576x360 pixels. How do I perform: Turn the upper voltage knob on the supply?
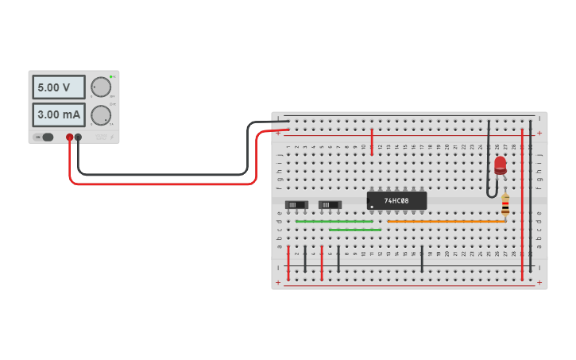tap(101, 87)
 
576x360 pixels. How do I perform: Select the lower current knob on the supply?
tap(101, 115)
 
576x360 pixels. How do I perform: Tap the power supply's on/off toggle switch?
tap(46, 137)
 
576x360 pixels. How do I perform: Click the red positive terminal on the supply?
tap(70, 137)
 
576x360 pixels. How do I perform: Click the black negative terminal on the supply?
tap(78, 137)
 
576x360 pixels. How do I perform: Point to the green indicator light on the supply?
tap(111, 77)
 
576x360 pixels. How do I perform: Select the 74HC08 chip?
tap(396, 200)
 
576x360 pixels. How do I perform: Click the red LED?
tap(500, 165)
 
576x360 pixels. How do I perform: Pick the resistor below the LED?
tap(505, 205)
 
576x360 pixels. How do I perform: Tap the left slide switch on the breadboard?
tap(296, 205)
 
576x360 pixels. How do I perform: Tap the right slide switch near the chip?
tap(330, 205)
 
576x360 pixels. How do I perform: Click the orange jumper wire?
tap(445, 222)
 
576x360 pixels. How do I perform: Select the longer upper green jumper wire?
tap(334, 222)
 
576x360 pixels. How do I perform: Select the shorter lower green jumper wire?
tap(354, 230)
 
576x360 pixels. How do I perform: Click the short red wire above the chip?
tap(372, 141)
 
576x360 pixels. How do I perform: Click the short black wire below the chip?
tap(422, 259)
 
